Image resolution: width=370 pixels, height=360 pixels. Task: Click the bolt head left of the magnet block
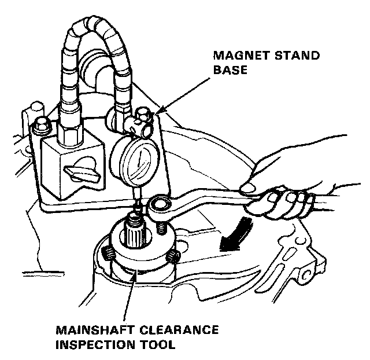click(41, 124)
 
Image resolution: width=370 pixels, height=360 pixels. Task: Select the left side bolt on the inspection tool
click(109, 252)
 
